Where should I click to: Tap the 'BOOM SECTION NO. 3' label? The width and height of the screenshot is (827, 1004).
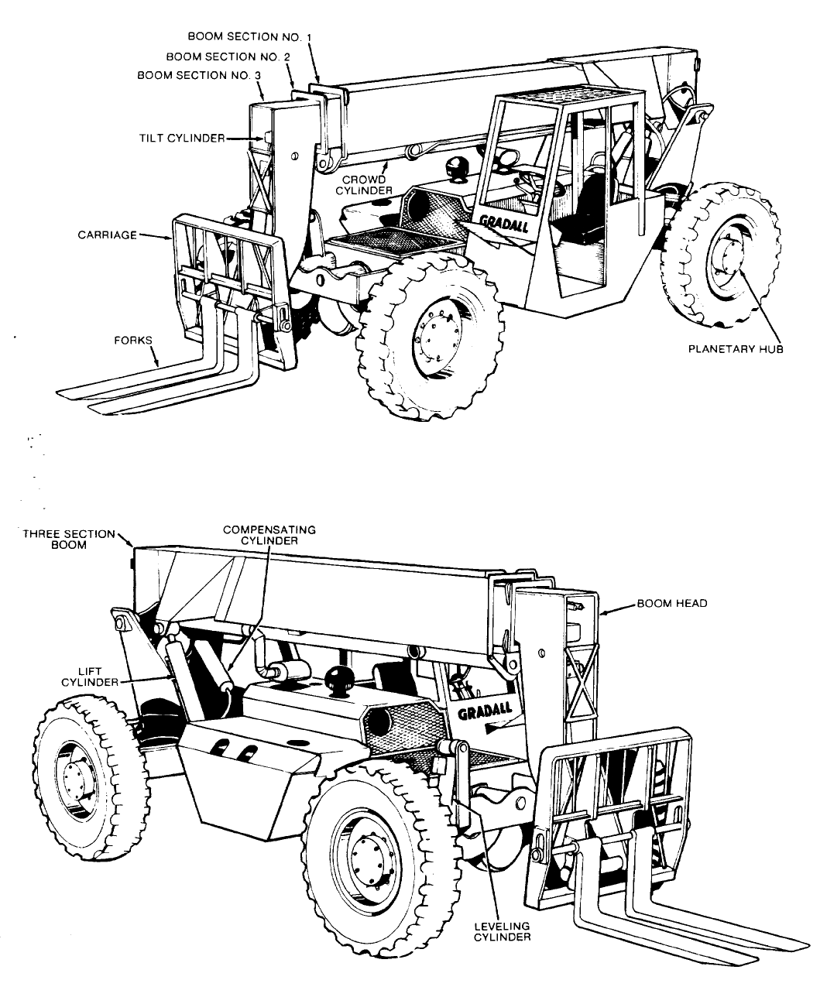(x=199, y=76)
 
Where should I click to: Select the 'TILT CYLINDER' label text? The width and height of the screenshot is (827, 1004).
(x=182, y=139)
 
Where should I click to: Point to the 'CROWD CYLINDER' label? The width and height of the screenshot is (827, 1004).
(x=364, y=185)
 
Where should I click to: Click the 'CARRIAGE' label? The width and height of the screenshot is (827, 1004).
(x=108, y=235)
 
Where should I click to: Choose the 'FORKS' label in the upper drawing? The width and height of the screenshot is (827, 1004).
(x=132, y=341)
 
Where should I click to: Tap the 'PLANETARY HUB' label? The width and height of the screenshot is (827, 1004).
(x=736, y=349)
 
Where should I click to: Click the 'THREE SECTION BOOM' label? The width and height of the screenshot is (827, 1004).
(x=69, y=540)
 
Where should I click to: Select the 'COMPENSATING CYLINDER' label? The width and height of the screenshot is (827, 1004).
(x=269, y=535)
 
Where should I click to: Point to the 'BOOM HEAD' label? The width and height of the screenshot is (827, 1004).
(x=672, y=604)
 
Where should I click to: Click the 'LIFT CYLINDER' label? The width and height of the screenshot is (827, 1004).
(x=90, y=677)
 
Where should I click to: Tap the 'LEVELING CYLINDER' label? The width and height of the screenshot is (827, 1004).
(x=503, y=931)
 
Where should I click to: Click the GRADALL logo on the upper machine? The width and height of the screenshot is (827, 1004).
(x=504, y=223)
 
